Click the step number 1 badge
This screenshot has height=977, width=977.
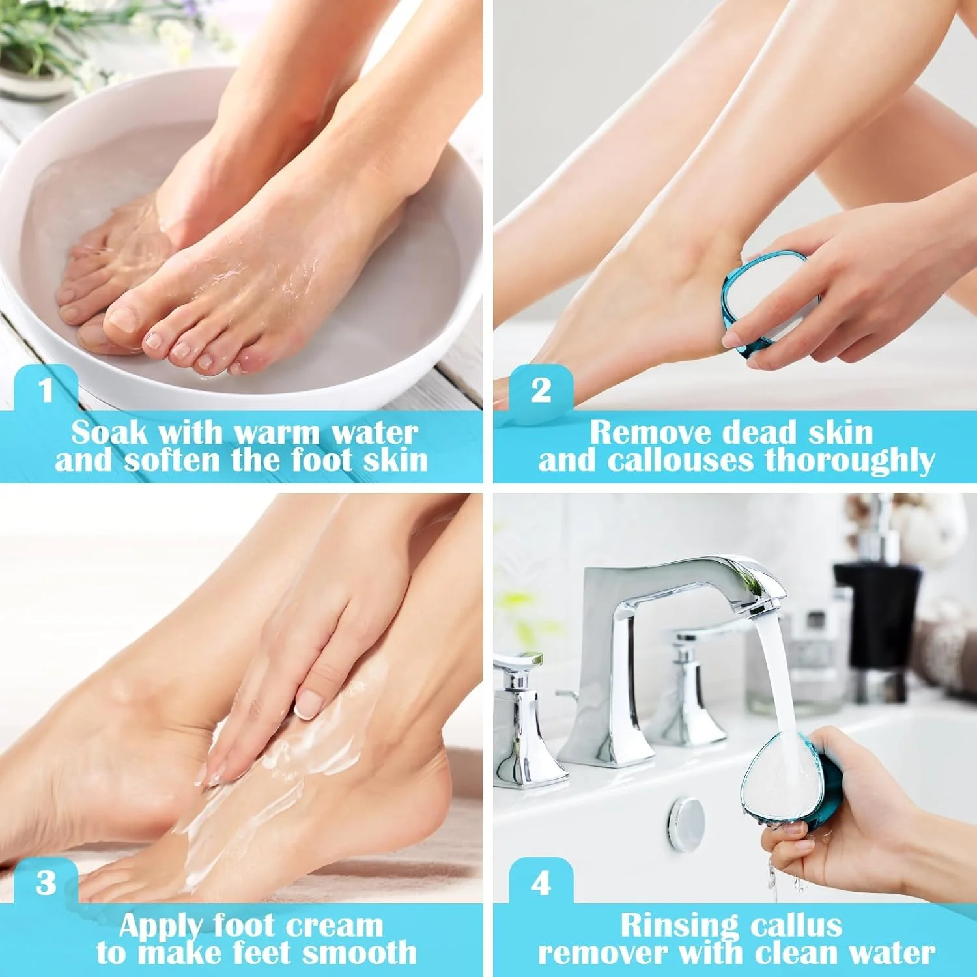coord(46,389)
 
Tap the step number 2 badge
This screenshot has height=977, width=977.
coord(541,389)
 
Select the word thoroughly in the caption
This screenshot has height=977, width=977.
coord(850,461)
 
